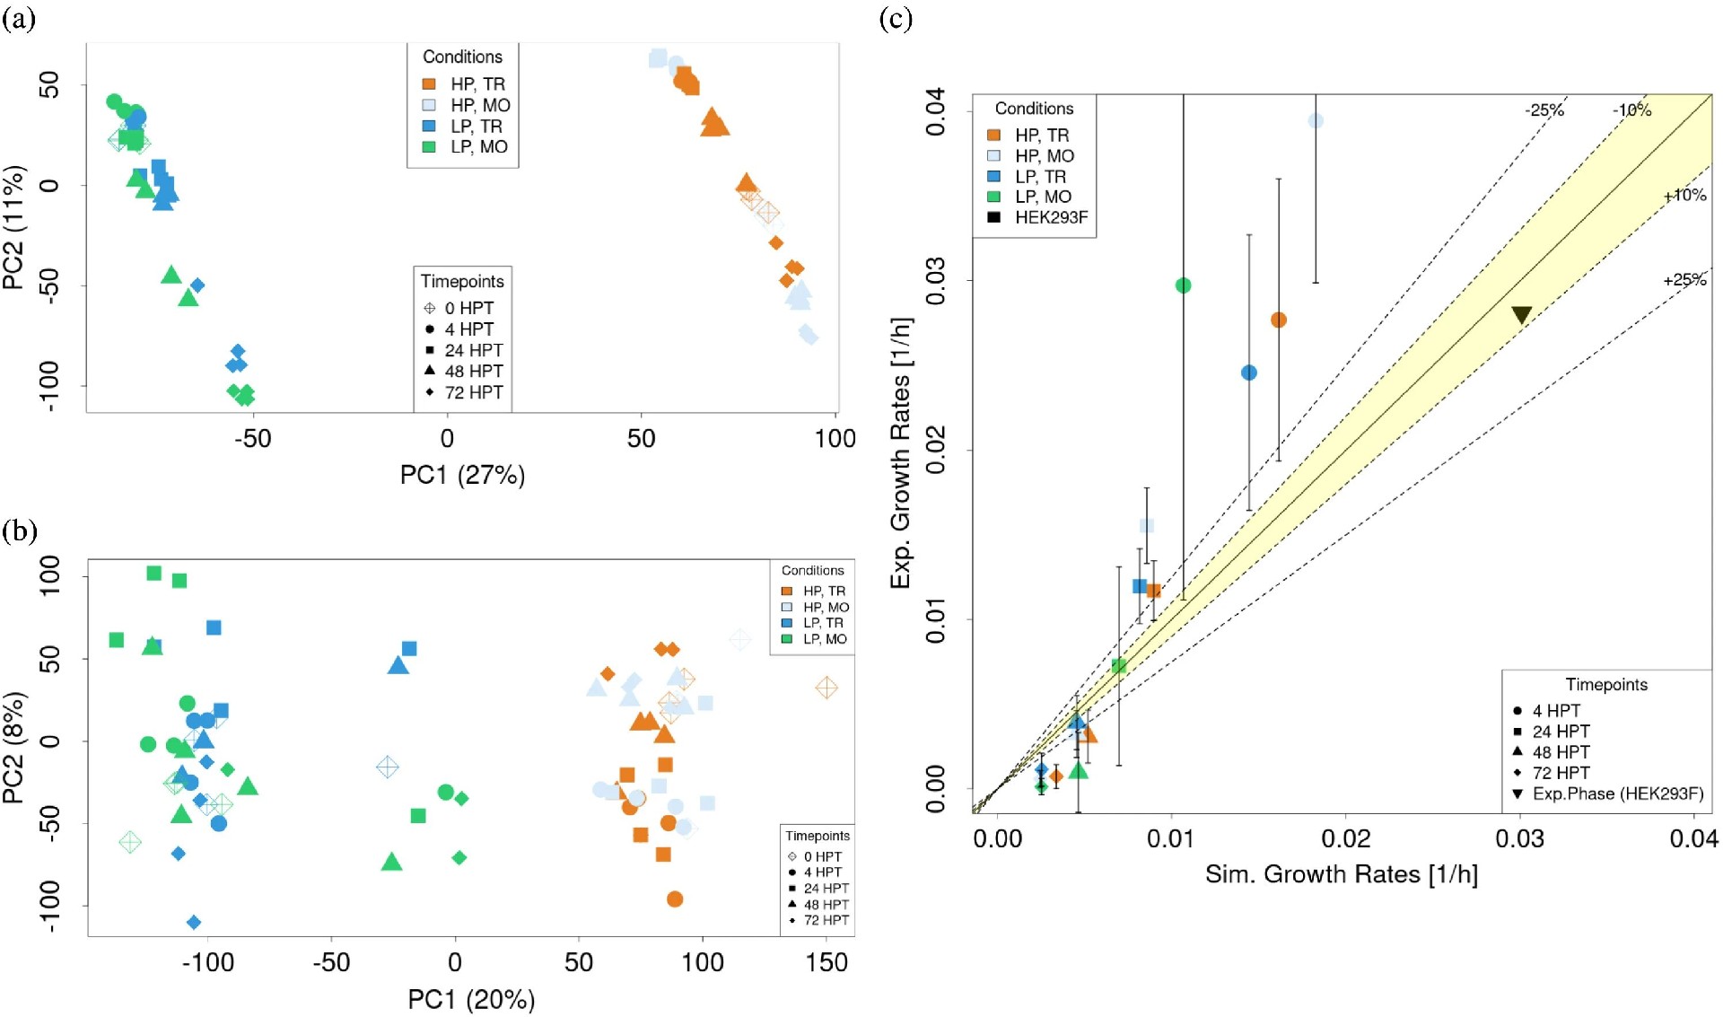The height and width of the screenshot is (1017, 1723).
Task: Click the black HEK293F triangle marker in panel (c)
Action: (x=1521, y=314)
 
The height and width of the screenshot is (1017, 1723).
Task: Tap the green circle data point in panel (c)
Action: (x=1183, y=285)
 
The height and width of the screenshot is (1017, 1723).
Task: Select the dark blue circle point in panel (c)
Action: (x=1248, y=373)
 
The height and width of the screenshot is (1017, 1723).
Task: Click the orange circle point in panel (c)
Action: (x=1279, y=320)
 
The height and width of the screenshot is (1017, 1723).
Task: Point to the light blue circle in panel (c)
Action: (x=1316, y=121)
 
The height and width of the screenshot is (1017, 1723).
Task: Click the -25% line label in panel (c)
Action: (x=1544, y=110)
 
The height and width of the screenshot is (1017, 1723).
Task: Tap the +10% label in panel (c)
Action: (x=1684, y=195)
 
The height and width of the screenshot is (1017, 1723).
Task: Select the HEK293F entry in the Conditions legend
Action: (x=1051, y=217)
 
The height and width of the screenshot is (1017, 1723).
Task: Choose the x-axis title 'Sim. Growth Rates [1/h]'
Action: (x=1341, y=874)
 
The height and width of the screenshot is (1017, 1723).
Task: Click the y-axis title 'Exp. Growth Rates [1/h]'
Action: (x=900, y=452)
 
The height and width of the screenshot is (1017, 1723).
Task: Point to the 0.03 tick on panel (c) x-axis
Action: (x=1519, y=838)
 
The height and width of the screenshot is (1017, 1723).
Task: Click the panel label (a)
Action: (x=19, y=19)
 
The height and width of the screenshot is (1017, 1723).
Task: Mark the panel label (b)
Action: (x=19, y=530)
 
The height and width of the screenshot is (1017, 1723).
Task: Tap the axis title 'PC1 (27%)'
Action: (x=462, y=475)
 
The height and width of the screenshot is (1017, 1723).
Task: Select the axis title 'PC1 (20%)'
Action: (x=471, y=999)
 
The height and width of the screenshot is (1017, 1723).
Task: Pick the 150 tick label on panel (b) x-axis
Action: (x=827, y=962)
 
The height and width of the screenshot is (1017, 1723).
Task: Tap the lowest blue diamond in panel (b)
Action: (x=194, y=922)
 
